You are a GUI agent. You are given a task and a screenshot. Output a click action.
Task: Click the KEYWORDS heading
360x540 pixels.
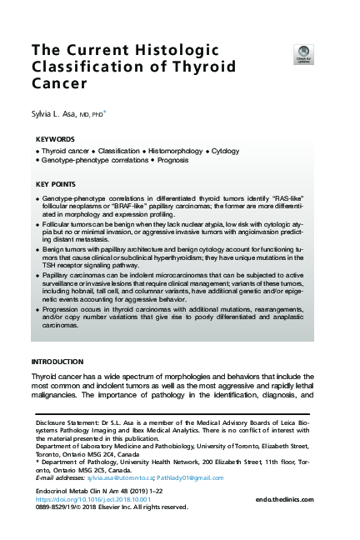click(x=56, y=139)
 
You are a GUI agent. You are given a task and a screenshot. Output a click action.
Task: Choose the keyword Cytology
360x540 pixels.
click(x=226, y=151)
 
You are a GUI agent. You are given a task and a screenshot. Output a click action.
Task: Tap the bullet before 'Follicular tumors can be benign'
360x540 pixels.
click(x=38, y=225)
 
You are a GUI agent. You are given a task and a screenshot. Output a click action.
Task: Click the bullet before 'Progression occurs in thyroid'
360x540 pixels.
click(x=38, y=309)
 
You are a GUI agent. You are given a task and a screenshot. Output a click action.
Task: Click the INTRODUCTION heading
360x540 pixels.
click(x=57, y=362)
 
